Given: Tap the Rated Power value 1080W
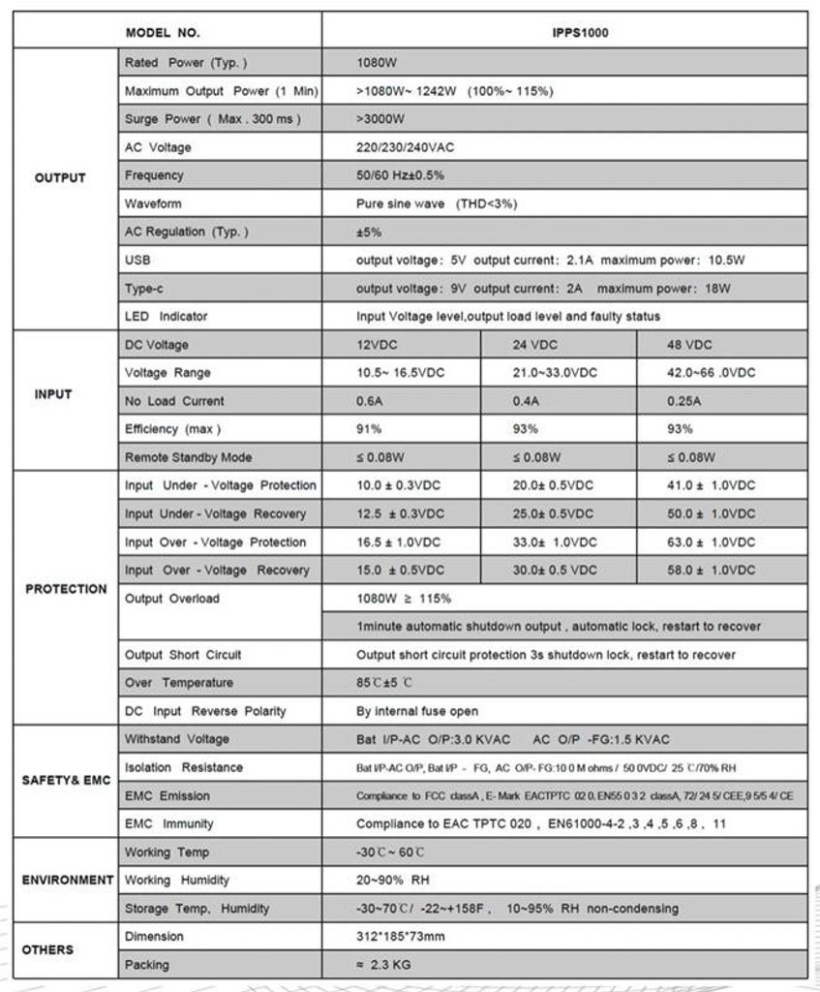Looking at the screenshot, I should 377,63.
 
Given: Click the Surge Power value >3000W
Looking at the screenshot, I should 380,119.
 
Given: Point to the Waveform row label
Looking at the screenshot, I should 153,204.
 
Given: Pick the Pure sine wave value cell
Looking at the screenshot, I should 437,204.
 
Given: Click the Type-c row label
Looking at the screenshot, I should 145,289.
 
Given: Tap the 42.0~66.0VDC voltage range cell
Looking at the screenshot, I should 712,373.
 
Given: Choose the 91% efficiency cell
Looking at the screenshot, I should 369,429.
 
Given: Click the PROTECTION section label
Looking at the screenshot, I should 66,589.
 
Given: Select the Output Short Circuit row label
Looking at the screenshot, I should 183,655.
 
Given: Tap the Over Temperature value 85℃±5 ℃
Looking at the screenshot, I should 384,683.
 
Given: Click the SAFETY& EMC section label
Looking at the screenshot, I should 66,781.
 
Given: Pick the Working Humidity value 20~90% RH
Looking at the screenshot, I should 393,881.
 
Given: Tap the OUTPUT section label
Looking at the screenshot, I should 60,177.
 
